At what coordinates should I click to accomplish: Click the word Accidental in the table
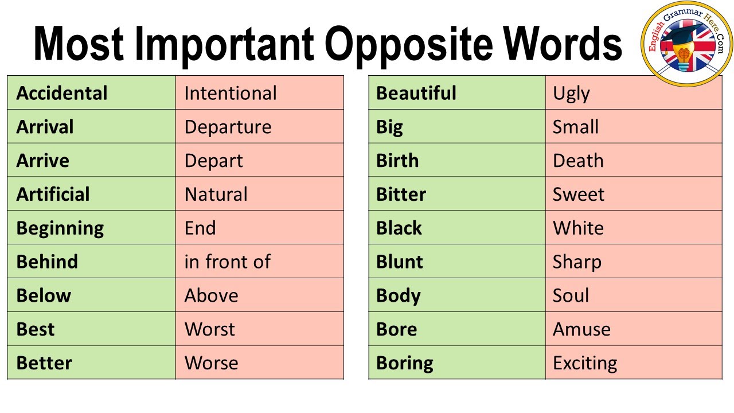pos(62,93)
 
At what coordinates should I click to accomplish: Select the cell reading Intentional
pos(231,93)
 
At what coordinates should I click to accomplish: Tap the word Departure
pos(228,127)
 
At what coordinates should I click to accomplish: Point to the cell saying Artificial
pos(53,194)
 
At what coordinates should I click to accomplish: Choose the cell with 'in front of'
pos(227,262)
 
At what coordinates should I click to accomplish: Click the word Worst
pos(209,329)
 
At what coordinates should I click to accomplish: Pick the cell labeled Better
pos(44,363)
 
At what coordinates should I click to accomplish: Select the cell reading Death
pos(578,161)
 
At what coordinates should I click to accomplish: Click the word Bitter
pos(401,194)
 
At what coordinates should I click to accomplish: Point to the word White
pos(578,228)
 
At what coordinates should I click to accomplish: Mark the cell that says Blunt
pos(399,262)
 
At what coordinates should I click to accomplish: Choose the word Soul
pos(571,296)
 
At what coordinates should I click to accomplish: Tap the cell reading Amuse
pos(581,329)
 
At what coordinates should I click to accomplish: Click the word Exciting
pos(585,363)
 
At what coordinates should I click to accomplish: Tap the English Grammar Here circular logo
pos(686,44)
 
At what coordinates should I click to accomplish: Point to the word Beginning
pos(60,228)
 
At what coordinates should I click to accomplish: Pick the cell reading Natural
pos(216,194)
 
